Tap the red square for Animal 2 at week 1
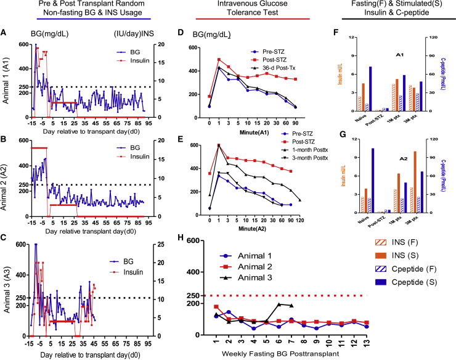click(x=216, y=306)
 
